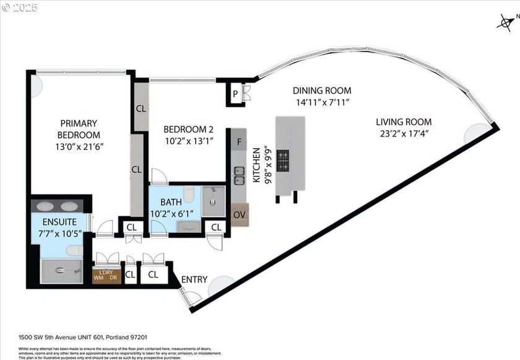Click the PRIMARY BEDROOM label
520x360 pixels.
[79, 129]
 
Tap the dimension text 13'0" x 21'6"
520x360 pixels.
[79, 147]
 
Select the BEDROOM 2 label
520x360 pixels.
[188, 130]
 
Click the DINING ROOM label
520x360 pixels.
[322, 90]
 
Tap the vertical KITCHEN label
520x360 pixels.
[256, 165]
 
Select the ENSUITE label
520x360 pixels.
[59, 221]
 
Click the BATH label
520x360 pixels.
[171, 202]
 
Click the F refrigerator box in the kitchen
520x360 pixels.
[238, 141]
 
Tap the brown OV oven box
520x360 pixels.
[240, 214]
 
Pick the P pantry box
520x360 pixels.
[235, 94]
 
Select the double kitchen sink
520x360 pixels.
[238, 175]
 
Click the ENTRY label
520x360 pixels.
[194, 279]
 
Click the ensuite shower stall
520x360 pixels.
[61, 271]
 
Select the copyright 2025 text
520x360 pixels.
[20, 7]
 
